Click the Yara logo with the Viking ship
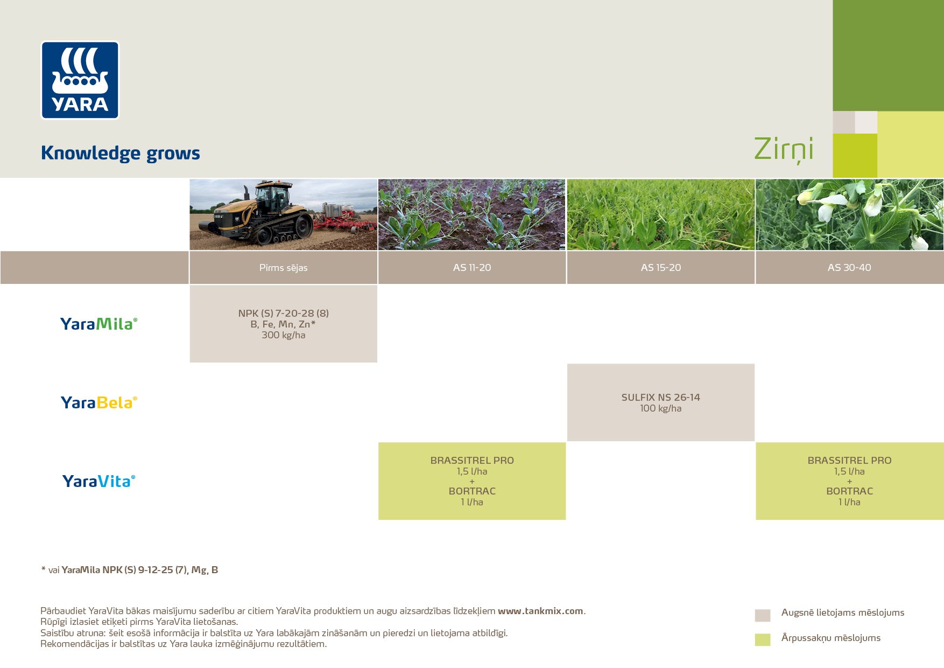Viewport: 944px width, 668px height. click(x=80, y=80)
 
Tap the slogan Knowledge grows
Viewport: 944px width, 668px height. click(x=120, y=153)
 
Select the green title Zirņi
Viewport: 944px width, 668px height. click(x=783, y=149)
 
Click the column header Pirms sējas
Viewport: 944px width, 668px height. click(x=283, y=268)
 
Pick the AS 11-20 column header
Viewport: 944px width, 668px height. click(x=472, y=268)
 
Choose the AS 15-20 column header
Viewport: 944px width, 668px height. click(x=660, y=268)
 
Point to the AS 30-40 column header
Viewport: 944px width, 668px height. click(x=849, y=268)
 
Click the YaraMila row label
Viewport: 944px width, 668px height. click(x=98, y=324)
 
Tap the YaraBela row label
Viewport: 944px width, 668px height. click(x=98, y=402)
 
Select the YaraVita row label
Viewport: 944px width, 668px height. click(x=98, y=481)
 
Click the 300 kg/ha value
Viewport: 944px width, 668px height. click(x=283, y=335)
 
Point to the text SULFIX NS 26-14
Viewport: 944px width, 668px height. click(x=660, y=398)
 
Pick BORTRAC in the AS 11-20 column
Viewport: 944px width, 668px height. click(x=472, y=491)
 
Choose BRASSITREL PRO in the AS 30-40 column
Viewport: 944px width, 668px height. click(x=849, y=461)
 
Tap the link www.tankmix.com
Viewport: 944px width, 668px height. click(x=540, y=611)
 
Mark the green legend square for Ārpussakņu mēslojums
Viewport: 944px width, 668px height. click(x=763, y=639)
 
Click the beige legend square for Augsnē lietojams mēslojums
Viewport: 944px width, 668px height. click(x=763, y=615)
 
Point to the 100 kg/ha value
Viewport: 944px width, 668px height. click(x=660, y=408)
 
